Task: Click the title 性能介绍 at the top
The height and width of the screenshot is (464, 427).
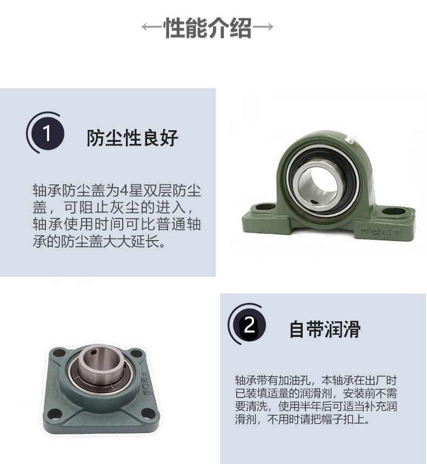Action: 208,28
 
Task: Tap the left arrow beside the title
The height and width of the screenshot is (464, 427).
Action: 152,26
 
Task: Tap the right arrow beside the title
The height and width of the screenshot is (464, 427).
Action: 263,26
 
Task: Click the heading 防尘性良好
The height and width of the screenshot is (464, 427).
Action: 132,138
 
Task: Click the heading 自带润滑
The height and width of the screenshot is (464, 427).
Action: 325,329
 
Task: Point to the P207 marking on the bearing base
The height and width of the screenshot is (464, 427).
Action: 380,233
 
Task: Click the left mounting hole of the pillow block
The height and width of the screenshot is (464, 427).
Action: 264,207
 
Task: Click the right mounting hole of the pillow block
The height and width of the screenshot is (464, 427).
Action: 394,211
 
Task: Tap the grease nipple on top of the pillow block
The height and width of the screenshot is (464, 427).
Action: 350,140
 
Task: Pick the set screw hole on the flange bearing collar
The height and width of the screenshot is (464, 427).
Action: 94,352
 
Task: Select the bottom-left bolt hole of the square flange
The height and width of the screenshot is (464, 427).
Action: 54,414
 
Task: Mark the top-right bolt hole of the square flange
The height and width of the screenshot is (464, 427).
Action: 136,353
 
